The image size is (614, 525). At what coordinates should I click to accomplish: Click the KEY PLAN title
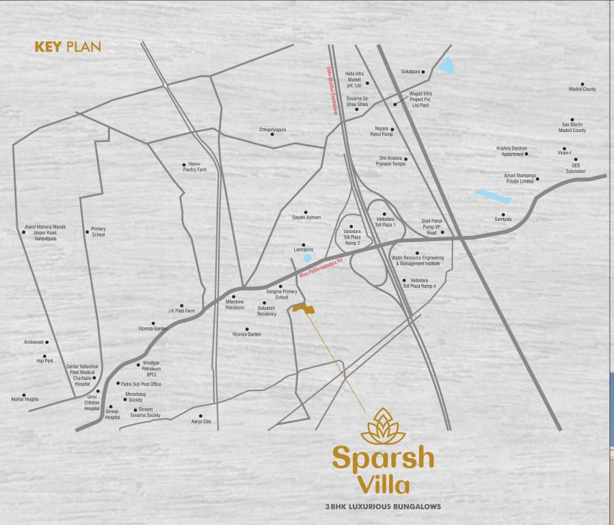[68, 47]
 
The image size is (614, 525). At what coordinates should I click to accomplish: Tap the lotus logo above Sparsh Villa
[383, 427]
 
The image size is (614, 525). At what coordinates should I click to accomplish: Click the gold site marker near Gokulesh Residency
[304, 309]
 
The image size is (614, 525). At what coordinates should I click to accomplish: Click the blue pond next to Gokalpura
[446, 66]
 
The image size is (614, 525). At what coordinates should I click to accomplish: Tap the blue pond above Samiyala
[494, 196]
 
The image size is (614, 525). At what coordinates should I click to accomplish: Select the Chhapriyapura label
[272, 129]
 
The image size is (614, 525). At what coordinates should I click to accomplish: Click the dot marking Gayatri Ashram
[306, 213]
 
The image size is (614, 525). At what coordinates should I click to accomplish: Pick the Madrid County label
[583, 89]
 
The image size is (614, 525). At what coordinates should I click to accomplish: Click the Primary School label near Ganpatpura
[98, 232]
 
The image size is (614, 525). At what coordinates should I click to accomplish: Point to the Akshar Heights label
[24, 399]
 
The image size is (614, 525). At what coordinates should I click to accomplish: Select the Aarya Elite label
[201, 421]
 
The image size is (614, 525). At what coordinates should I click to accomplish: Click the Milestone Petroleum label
[235, 305]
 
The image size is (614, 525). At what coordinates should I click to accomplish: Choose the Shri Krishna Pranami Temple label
[392, 161]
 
